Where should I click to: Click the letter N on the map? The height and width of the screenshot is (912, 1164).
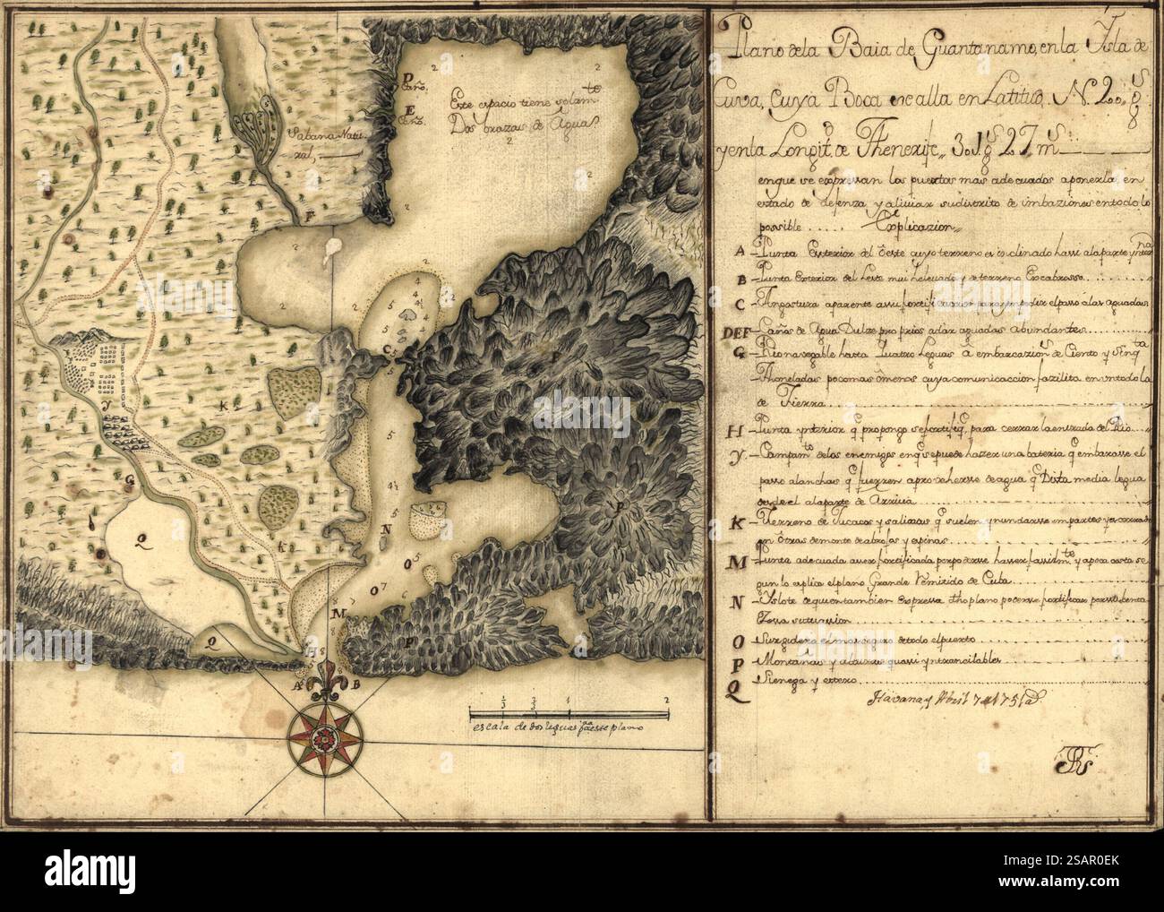pos(386,529)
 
